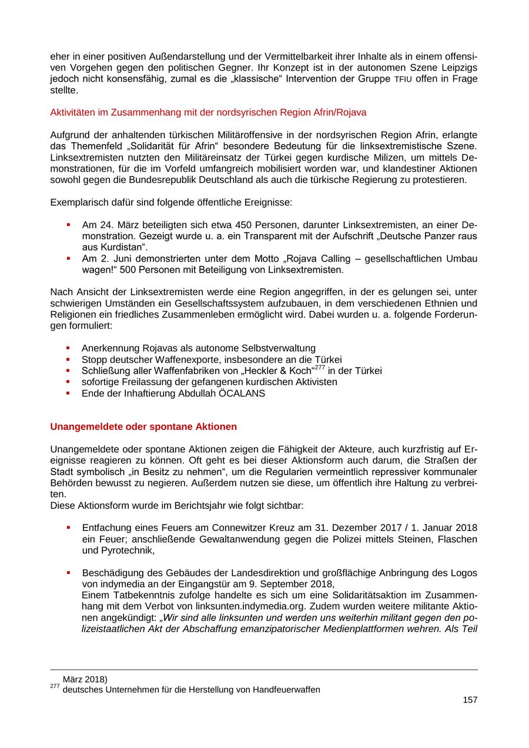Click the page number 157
tap(470, 700)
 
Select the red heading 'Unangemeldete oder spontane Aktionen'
tap(143, 426)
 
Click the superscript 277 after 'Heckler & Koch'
tap(319, 368)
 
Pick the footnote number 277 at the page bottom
tap(55, 687)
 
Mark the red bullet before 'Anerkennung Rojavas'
tap(68, 348)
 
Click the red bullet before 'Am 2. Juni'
tap(68, 258)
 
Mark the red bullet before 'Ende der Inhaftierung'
tap(68, 393)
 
